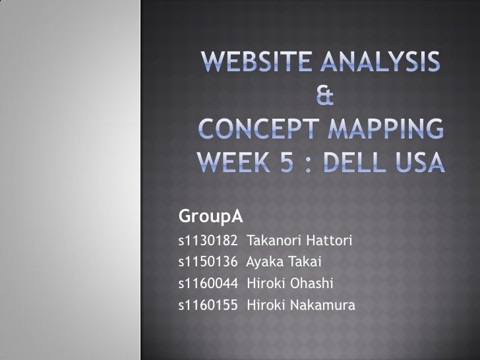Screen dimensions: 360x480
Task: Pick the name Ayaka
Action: coord(265,262)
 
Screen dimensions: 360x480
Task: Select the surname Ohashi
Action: coord(313,284)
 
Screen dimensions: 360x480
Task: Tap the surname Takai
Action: coord(305,262)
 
